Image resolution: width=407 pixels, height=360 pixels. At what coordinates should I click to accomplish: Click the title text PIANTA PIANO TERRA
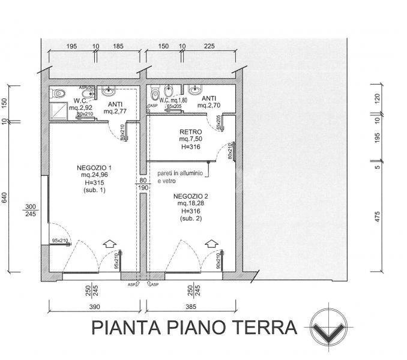[194, 328]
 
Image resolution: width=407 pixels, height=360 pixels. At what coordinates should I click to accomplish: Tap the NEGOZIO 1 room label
[94, 167]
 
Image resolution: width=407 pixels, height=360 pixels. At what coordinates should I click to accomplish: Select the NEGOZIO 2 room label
[190, 197]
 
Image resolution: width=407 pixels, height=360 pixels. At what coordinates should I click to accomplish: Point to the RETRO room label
[190, 132]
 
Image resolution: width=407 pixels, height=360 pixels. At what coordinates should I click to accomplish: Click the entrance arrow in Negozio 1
[109, 244]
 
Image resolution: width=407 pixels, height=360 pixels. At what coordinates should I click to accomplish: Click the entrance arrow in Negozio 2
[210, 244]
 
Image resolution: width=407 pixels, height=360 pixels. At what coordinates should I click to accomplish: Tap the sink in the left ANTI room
[109, 91]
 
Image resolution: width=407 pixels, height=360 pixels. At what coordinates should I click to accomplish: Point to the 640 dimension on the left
[5, 199]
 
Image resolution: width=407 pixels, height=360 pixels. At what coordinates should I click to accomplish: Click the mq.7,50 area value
[189, 140]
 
